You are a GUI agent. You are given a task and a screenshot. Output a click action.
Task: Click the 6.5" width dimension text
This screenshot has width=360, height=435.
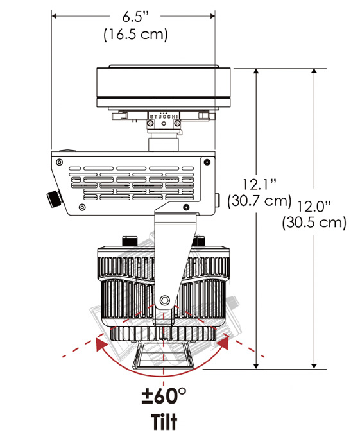136,17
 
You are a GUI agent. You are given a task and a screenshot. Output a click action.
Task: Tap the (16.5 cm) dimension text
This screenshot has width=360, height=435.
136,35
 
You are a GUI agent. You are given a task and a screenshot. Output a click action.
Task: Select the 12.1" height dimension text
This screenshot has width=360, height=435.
260,185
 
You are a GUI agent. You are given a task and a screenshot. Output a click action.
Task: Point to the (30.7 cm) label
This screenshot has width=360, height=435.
259,201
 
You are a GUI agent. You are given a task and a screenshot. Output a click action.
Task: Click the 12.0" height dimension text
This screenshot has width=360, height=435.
314,207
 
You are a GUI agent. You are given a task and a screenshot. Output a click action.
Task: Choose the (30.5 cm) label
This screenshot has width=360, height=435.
314,223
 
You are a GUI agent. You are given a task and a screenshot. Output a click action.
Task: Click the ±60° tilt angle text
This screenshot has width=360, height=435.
164,396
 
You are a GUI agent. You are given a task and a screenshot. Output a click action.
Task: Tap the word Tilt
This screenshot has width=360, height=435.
164,422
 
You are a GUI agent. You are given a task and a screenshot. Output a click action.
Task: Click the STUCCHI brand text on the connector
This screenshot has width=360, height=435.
164,117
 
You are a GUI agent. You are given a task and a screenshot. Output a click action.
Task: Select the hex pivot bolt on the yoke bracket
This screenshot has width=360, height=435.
165,300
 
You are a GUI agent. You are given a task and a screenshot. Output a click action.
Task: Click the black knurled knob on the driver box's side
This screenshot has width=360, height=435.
54,198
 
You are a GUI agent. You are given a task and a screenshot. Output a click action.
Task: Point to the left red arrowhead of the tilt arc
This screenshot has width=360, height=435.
101,343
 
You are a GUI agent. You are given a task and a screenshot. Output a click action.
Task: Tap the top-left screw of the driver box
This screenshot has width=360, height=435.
59,162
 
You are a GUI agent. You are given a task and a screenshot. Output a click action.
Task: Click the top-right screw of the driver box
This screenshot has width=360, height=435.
207,162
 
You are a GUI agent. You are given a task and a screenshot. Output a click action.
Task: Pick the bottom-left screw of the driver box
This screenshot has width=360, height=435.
82,207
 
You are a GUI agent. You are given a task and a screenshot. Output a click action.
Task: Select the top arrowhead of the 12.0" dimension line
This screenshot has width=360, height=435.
314,71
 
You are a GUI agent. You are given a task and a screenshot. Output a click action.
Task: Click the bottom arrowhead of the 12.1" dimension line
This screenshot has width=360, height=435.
256,366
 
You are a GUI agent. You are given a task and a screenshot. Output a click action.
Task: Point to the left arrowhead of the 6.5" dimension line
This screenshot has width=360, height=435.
55,16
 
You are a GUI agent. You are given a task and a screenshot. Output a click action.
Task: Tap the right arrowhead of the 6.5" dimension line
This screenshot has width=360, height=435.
212,16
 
